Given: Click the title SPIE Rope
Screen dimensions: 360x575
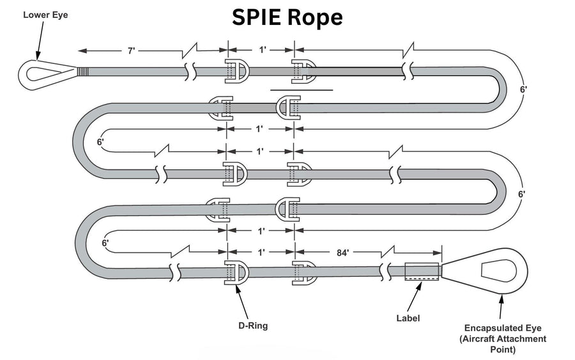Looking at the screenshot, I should [x=287, y=17].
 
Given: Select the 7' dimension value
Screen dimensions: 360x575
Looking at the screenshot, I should [x=132, y=51].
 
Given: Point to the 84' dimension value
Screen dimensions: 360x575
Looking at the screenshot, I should [x=344, y=253].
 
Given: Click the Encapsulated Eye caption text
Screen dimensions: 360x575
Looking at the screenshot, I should [x=505, y=338].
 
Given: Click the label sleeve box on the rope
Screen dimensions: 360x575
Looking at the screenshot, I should [x=422, y=271].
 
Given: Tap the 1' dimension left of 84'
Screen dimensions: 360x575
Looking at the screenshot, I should [x=261, y=253].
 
